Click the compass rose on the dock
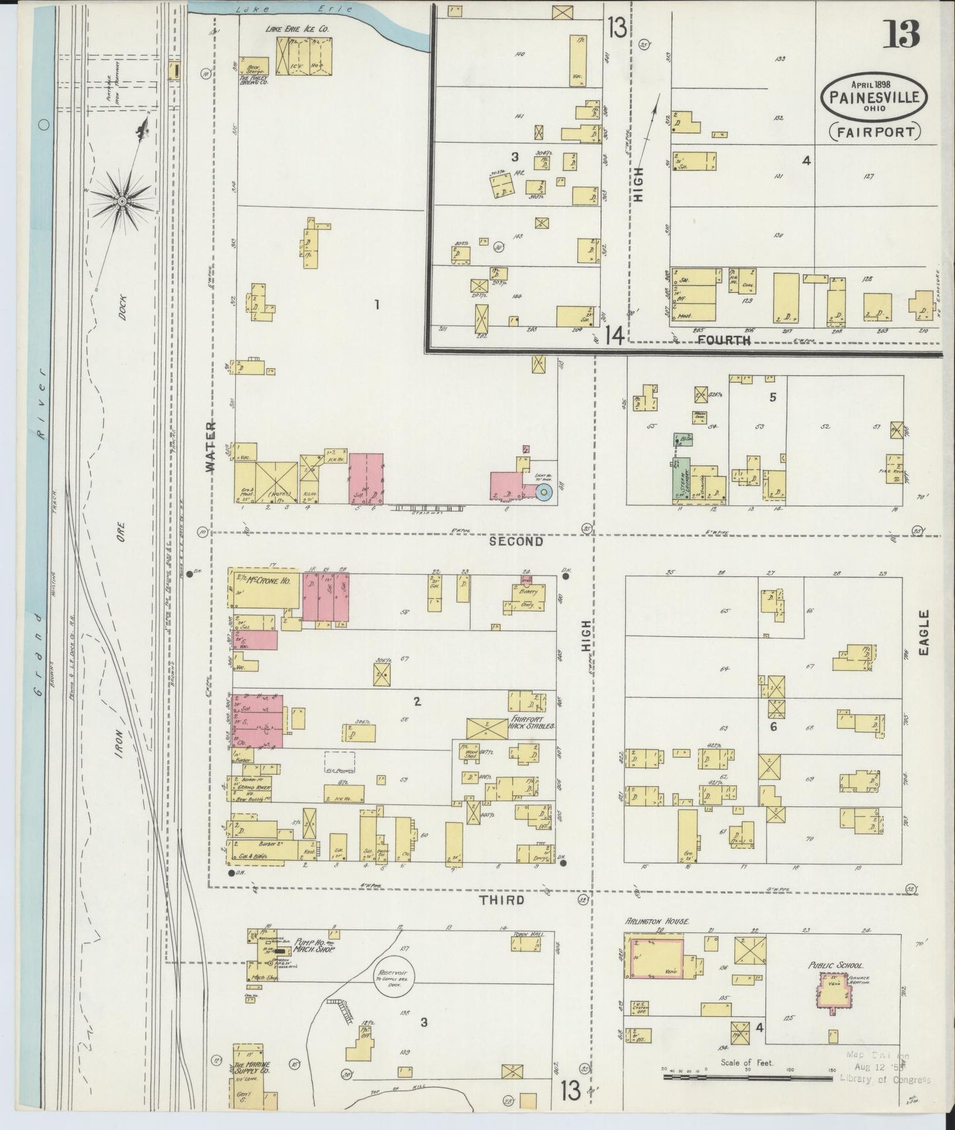pos(124,199)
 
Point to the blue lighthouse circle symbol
pos(544,492)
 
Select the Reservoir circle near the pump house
pos(392,975)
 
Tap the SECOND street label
pos(516,541)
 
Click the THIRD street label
pos(502,900)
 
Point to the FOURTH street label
pos(724,340)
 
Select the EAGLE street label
pos(924,632)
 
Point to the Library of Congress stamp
pos(885,1080)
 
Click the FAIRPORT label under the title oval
pos(874,131)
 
